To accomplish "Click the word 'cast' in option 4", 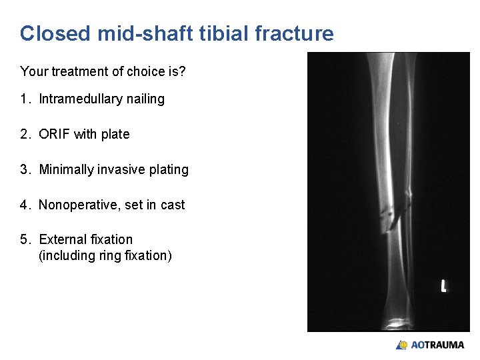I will pos(173,205).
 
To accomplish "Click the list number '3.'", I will pos(25,169).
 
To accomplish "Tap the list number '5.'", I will pos(25,239).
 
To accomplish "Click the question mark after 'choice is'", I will pos(182,71).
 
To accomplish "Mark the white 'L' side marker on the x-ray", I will pos(443,286).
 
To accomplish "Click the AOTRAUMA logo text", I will pos(437,345).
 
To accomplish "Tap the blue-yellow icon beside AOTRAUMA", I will pos(402,345).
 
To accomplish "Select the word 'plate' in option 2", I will pos(115,134).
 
